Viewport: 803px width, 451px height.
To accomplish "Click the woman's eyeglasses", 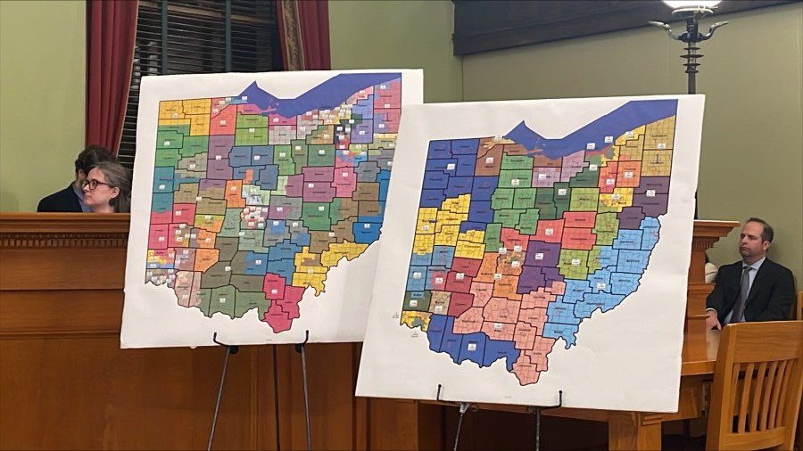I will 95,184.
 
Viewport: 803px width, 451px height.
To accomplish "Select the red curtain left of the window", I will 112,62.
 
